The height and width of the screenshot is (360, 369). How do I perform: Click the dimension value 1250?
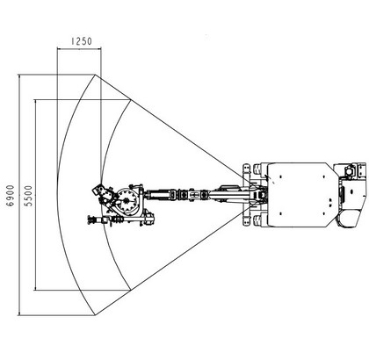82,41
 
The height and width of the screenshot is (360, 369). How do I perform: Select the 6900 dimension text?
11,196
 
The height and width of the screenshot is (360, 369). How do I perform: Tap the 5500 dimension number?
29,196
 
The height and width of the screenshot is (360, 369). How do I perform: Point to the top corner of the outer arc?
95,75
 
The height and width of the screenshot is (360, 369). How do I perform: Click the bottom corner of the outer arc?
95,315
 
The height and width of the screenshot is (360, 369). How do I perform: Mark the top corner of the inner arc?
130,100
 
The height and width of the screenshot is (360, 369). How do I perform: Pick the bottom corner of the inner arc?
130,290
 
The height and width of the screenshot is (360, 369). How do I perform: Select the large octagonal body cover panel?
301,195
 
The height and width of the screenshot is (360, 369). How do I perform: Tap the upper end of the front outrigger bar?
247,167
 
